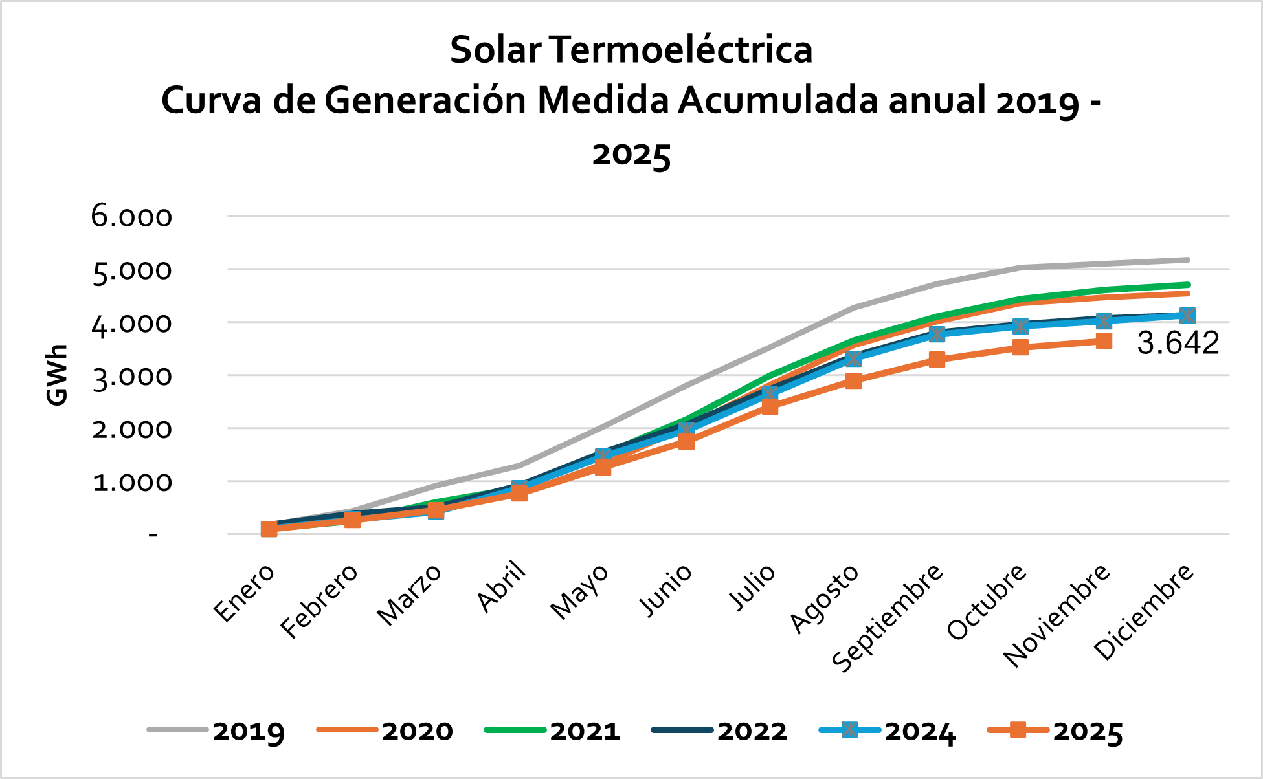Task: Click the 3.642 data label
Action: point(1178,343)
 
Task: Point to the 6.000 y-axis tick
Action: point(132,216)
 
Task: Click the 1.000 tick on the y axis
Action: point(132,482)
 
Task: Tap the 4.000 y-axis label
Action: point(132,323)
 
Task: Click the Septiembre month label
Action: point(888,617)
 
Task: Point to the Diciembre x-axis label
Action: point(1143,611)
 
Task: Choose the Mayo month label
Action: point(579,591)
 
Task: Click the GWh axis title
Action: point(57,375)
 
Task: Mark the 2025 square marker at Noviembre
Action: point(1104,341)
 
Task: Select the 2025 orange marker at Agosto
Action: point(853,380)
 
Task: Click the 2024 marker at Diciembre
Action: point(1187,316)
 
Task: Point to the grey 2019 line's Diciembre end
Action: point(1187,260)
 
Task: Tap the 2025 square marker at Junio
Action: point(686,441)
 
